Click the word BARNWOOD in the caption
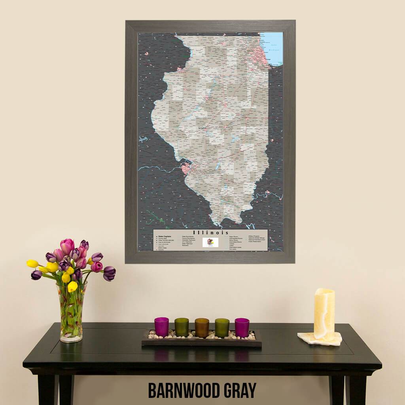(185, 390)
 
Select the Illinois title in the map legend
(210, 232)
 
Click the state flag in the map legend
(210, 242)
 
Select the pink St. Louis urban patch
(185, 168)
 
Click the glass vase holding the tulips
(72, 312)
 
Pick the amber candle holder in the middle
(202, 327)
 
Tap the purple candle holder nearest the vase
(161, 327)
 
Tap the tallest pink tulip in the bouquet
(67, 246)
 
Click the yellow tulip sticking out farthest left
(32, 263)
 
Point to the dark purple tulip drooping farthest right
(109, 273)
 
